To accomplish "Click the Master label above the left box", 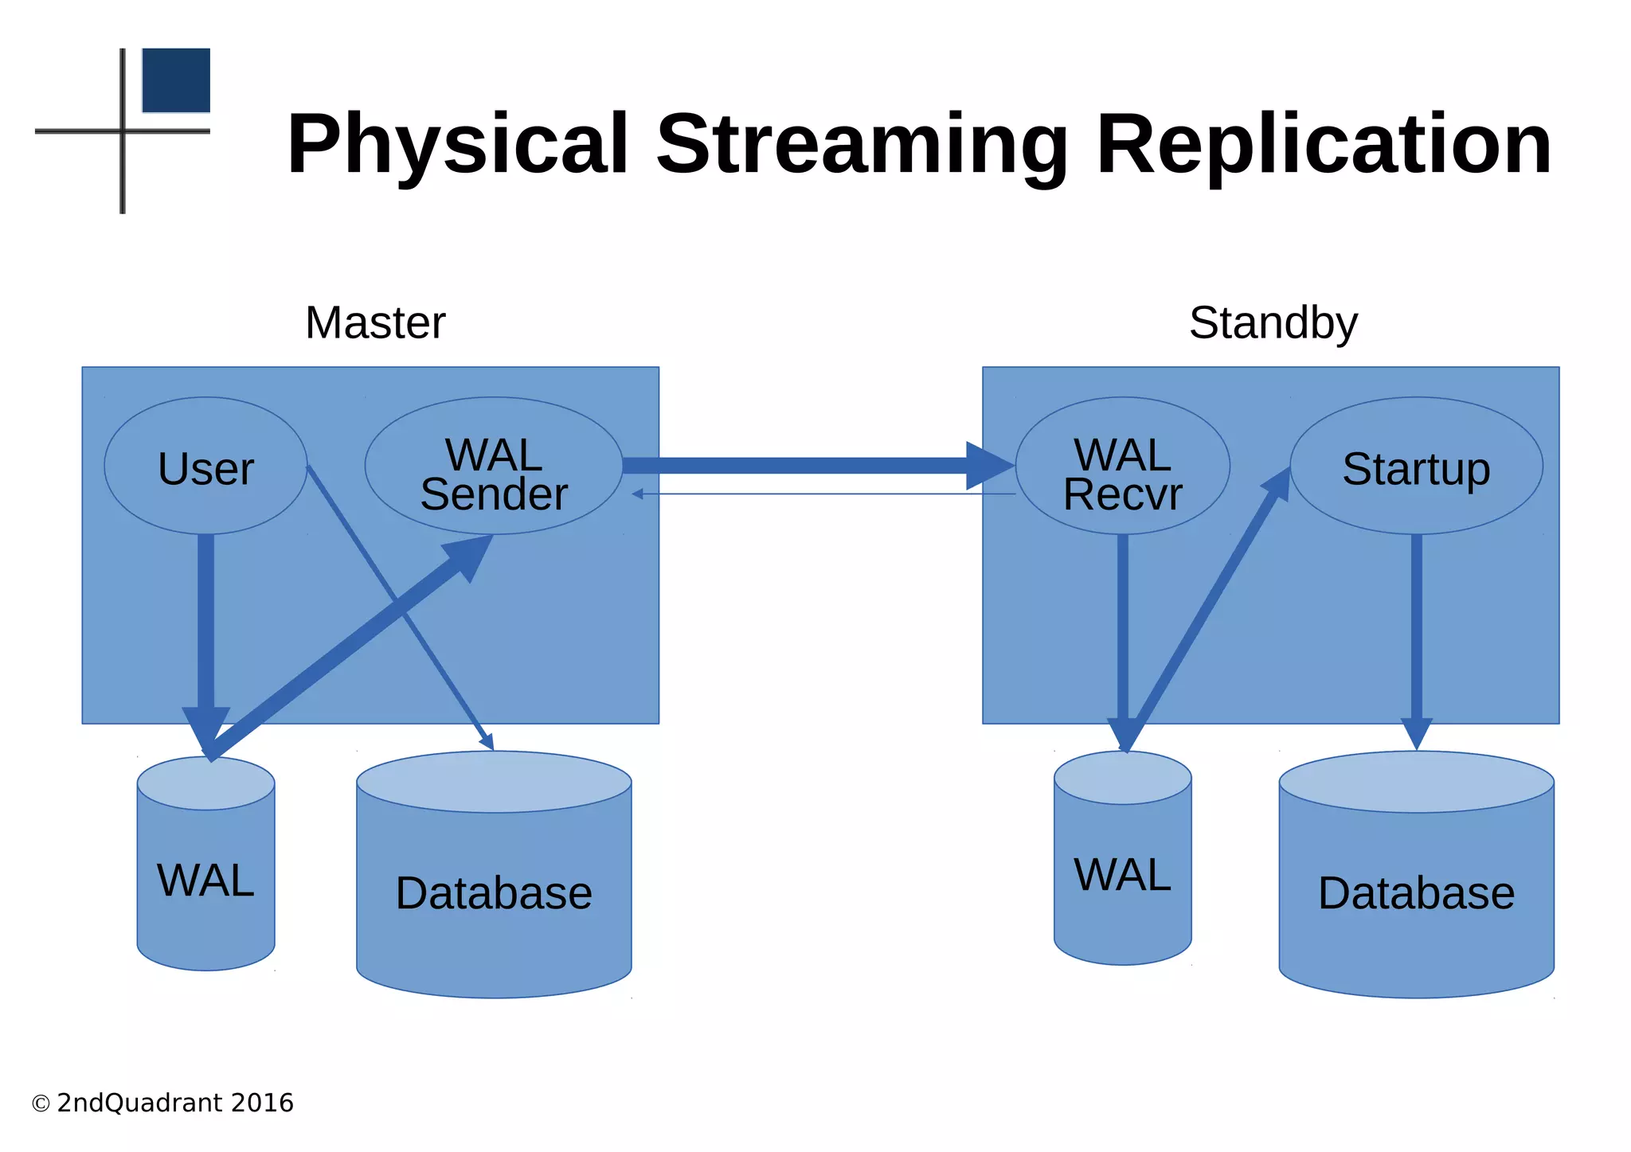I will pyautogui.click(x=375, y=323).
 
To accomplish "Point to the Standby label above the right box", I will pyautogui.click(x=1273, y=323).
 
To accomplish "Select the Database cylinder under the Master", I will pyautogui.click(x=494, y=892).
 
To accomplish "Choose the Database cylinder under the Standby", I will pyautogui.click(x=1416, y=892).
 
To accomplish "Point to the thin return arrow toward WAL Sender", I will pyautogui.click(x=820, y=494).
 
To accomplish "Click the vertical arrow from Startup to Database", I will pyautogui.click(x=1417, y=629).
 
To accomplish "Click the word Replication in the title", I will pyautogui.click(x=1324, y=145).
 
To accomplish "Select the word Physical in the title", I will pyautogui.click(x=459, y=145).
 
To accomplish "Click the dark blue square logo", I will pyautogui.click(x=176, y=80).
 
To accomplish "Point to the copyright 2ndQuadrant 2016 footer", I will pyautogui.click(x=163, y=1103).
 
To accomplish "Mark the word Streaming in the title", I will pyautogui.click(x=862, y=145).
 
